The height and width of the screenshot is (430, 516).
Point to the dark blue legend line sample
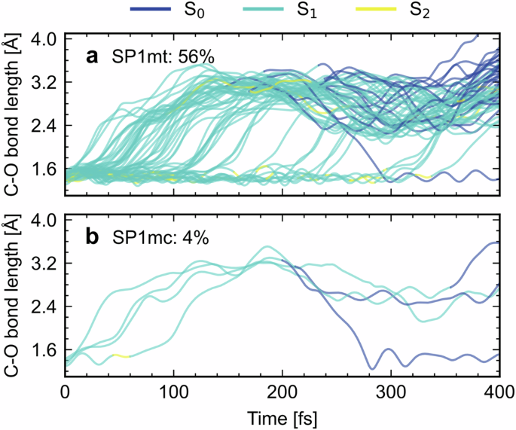154,11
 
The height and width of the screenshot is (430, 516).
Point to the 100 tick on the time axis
174,394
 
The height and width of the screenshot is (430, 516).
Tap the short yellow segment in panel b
121,355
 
